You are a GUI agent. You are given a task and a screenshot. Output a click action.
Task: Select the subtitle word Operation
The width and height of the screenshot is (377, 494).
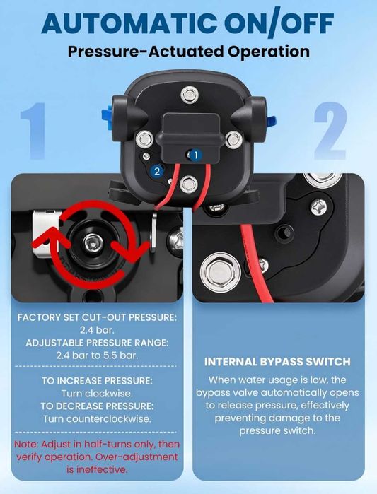(x=269, y=52)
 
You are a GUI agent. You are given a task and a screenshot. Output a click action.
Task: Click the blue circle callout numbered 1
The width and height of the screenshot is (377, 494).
(x=196, y=155)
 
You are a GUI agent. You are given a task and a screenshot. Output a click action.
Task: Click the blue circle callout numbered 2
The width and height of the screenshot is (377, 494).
(x=157, y=171)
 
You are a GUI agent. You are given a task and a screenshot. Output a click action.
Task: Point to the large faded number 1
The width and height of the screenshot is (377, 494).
(x=33, y=131)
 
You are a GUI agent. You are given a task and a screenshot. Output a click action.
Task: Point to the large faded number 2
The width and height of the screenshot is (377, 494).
(x=330, y=130)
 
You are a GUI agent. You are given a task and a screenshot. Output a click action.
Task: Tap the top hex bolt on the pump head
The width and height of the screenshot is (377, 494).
(x=190, y=95)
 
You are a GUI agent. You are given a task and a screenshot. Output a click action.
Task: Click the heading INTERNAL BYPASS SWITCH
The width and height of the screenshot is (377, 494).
(x=277, y=362)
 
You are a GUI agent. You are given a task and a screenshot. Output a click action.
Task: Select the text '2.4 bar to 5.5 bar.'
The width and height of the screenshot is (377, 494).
(x=97, y=355)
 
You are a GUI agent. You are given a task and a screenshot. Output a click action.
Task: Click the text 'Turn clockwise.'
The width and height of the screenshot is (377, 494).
(x=97, y=394)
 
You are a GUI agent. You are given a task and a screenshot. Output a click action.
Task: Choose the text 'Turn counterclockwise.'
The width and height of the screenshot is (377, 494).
(x=97, y=419)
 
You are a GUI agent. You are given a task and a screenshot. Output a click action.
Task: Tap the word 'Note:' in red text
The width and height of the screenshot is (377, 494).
(x=26, y=445)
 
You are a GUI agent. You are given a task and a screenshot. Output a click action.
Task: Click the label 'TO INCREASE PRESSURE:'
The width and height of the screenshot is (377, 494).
(x=97, y=381)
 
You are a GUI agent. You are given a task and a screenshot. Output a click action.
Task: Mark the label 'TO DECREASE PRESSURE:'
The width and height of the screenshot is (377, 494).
(x=97, y=406)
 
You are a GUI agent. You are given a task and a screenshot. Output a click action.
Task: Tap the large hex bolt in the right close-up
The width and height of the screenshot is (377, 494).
(x=221, y=273)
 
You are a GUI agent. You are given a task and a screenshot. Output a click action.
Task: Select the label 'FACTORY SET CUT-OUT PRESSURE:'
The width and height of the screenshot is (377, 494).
(x=97, y=317)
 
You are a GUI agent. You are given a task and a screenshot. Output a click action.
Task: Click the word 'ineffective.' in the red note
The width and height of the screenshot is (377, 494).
(x=97, y=470)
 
